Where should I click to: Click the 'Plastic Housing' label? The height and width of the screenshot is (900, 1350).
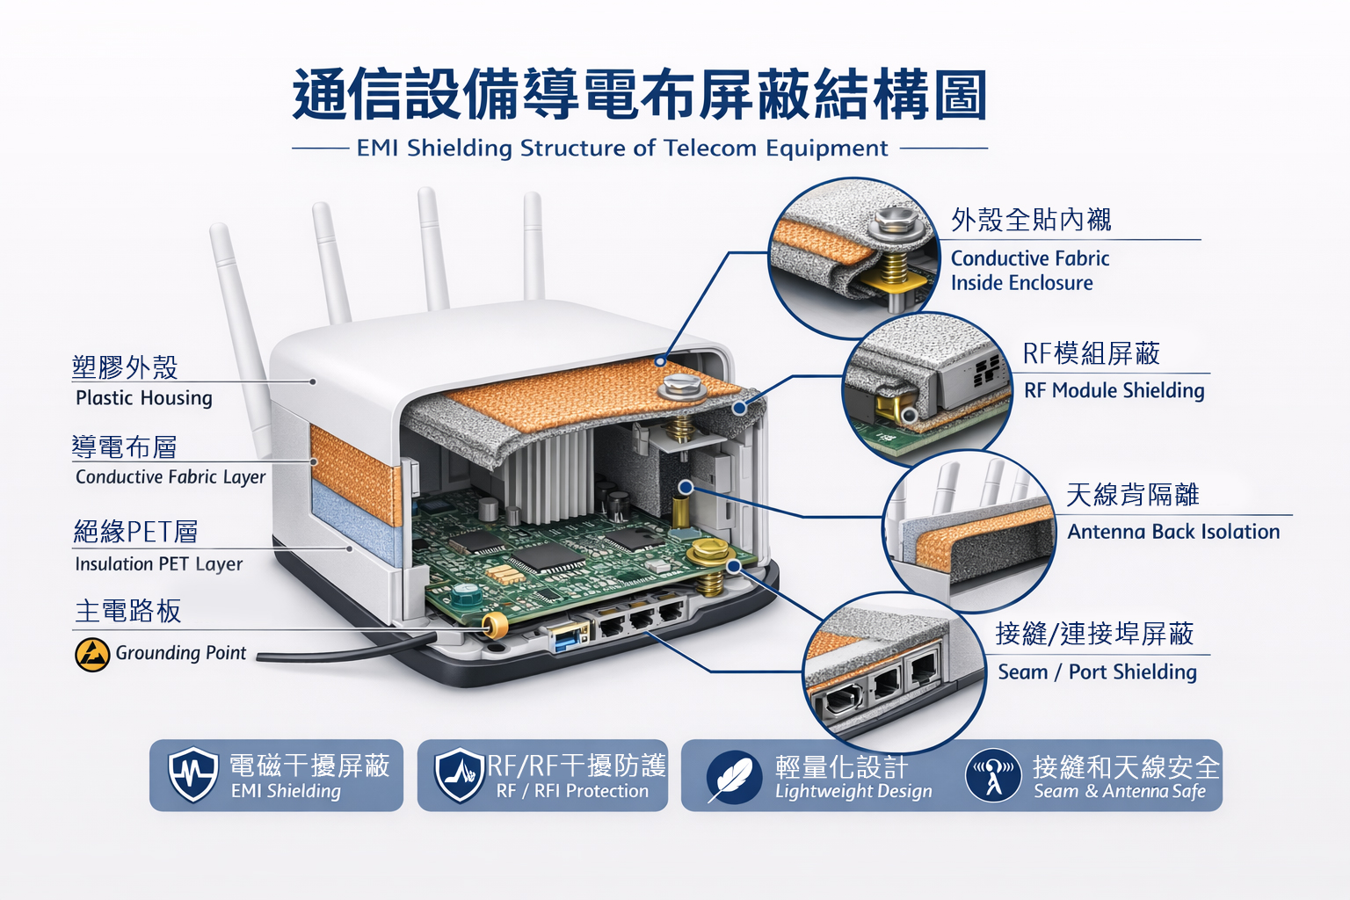click(144, 398)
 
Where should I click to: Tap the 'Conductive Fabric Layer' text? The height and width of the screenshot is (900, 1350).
click(171, 477)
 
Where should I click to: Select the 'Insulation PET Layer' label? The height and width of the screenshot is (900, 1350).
click(158, 564)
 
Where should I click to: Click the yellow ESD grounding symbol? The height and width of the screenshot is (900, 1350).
click(92, 655)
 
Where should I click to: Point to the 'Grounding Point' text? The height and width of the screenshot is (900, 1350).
click(181, 653)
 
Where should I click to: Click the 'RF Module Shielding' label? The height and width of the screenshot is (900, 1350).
click(1114, 390)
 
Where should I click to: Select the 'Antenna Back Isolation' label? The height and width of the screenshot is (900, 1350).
click(1173, 532)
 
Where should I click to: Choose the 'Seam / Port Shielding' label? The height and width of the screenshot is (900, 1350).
click(1097, 672)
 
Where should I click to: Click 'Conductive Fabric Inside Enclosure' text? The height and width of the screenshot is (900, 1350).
click(1030, 271)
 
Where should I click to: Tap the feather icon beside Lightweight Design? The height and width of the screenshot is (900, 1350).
click(734, 776)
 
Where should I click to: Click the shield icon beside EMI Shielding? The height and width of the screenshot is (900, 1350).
click(192, 774)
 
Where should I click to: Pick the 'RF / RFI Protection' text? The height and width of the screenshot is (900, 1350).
click(572, 791)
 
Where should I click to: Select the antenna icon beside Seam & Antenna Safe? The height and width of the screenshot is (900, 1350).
click(993, 775)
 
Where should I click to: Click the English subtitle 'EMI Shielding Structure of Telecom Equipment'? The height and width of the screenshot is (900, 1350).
click(622, 149)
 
